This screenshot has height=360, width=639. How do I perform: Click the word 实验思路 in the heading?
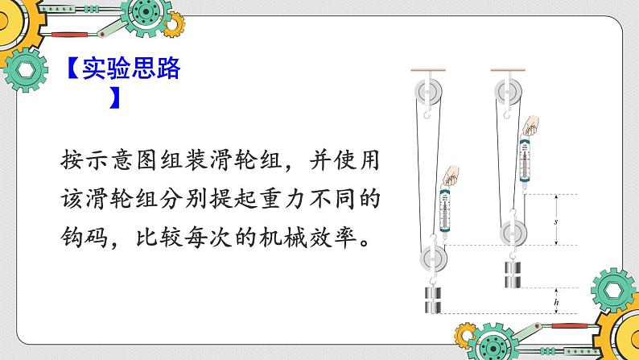pos(131,68)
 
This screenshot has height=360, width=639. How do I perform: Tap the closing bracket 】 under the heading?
pos(115,97)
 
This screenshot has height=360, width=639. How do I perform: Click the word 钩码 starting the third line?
pos(85,237)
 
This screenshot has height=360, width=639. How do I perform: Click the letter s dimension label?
pos(555,221)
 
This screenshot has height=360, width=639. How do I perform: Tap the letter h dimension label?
pos(556,302)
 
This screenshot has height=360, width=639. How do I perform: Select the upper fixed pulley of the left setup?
pos(428,92)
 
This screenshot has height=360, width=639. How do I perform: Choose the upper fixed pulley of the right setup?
pos(508,92)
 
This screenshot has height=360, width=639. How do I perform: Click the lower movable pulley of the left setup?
pos(434,258)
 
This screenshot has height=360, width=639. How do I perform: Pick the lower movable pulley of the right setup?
pos(513,233)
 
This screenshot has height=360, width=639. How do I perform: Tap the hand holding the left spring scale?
pos(451,176)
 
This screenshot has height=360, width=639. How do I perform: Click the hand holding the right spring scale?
pos(531,126)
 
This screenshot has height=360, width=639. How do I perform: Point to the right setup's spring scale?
pos(525,161)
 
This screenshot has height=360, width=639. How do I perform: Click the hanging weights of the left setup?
pos(433,300)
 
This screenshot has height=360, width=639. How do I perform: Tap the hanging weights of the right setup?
pos(513,275)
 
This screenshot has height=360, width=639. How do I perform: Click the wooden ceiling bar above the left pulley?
pos(428,70)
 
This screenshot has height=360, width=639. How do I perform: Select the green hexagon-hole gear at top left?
pos(26,70)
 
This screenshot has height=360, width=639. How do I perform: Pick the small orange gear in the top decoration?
pos(174,24)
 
